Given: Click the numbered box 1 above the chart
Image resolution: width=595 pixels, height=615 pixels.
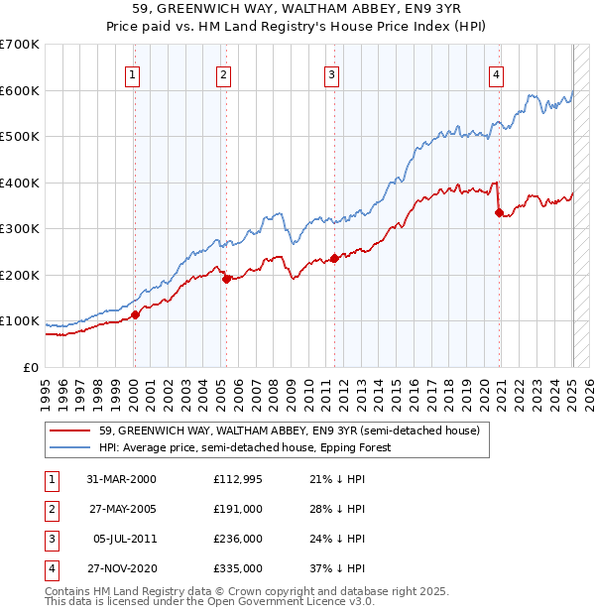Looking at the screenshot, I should click(133, 73).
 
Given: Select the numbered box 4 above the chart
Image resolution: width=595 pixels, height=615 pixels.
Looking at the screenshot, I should click(495, 73).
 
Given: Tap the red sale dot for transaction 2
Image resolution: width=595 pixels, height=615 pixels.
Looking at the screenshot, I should click(226, 279).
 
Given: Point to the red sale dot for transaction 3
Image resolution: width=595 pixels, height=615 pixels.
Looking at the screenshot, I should click(334, 258).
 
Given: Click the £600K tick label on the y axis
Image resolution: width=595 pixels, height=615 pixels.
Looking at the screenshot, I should click(20, 90).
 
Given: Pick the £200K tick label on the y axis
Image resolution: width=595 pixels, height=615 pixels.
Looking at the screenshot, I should click(20, 275).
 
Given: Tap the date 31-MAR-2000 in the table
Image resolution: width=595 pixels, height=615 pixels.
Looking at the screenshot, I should click(121, 479).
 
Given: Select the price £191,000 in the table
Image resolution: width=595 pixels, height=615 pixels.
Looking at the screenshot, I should click(238, 509).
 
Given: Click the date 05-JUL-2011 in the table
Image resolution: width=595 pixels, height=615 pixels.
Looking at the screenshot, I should click(123, 539).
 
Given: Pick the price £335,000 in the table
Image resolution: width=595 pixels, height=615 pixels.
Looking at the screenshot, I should click(238, 568).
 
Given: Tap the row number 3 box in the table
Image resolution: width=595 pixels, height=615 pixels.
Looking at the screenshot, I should click(50, 539).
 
